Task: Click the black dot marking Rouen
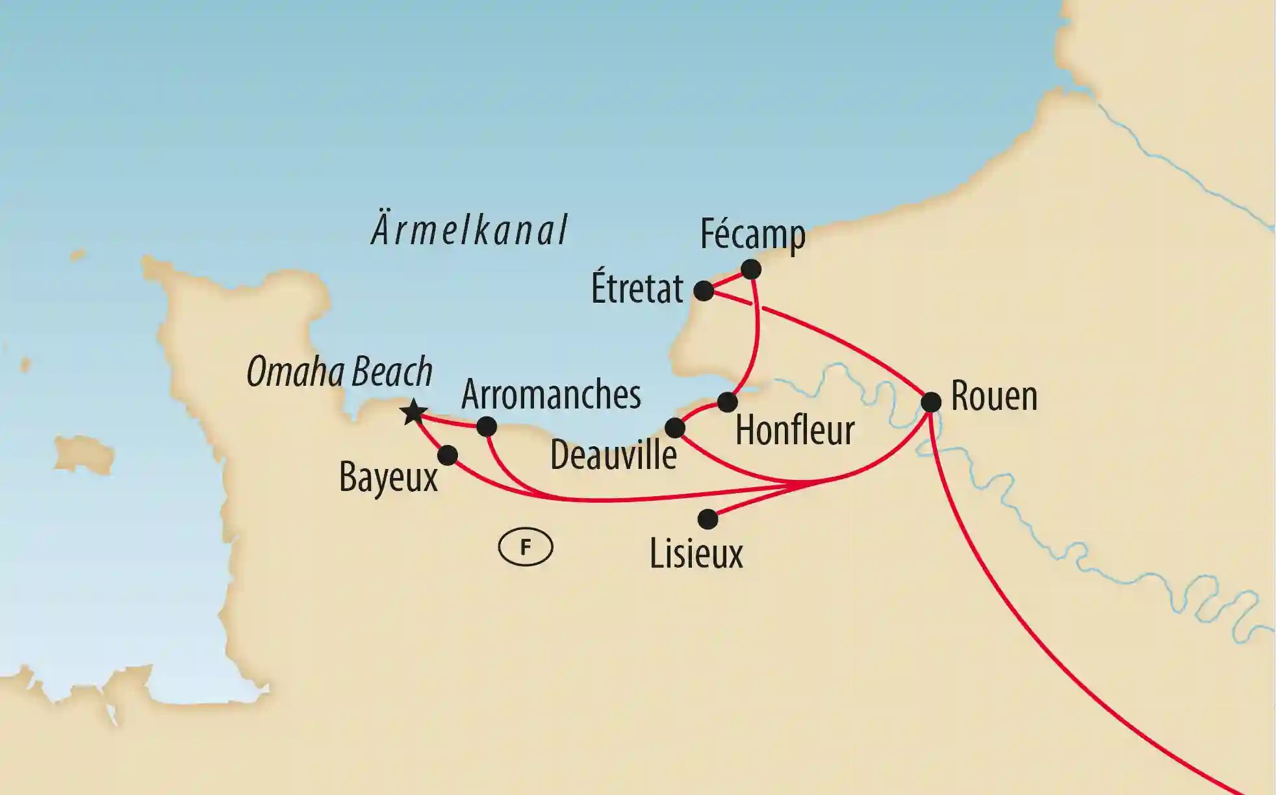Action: tap(931, 402)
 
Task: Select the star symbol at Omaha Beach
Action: tap(414, 412)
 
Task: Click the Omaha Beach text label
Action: tap(339, 372)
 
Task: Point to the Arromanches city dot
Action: tap(487, 427)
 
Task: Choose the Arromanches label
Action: tap(551, 394)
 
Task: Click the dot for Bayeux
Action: tap(448, 455)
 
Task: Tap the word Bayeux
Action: tap(389, 479)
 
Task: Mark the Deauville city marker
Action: tap(675, 428)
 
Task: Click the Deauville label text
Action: tap(613, 455)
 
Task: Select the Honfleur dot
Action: tap(727, 402)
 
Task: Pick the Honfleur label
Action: tap(795, 430)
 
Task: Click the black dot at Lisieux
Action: tap(708, 519)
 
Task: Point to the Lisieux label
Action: tap(696, 554)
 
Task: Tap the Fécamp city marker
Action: tap(750, 269)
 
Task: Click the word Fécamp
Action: tap(752, 234)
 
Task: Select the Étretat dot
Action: tap(704, 291)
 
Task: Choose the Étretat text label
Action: tap(637, 288)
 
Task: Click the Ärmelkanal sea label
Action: tap(469, 230)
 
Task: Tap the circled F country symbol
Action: tap(525, 548)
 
